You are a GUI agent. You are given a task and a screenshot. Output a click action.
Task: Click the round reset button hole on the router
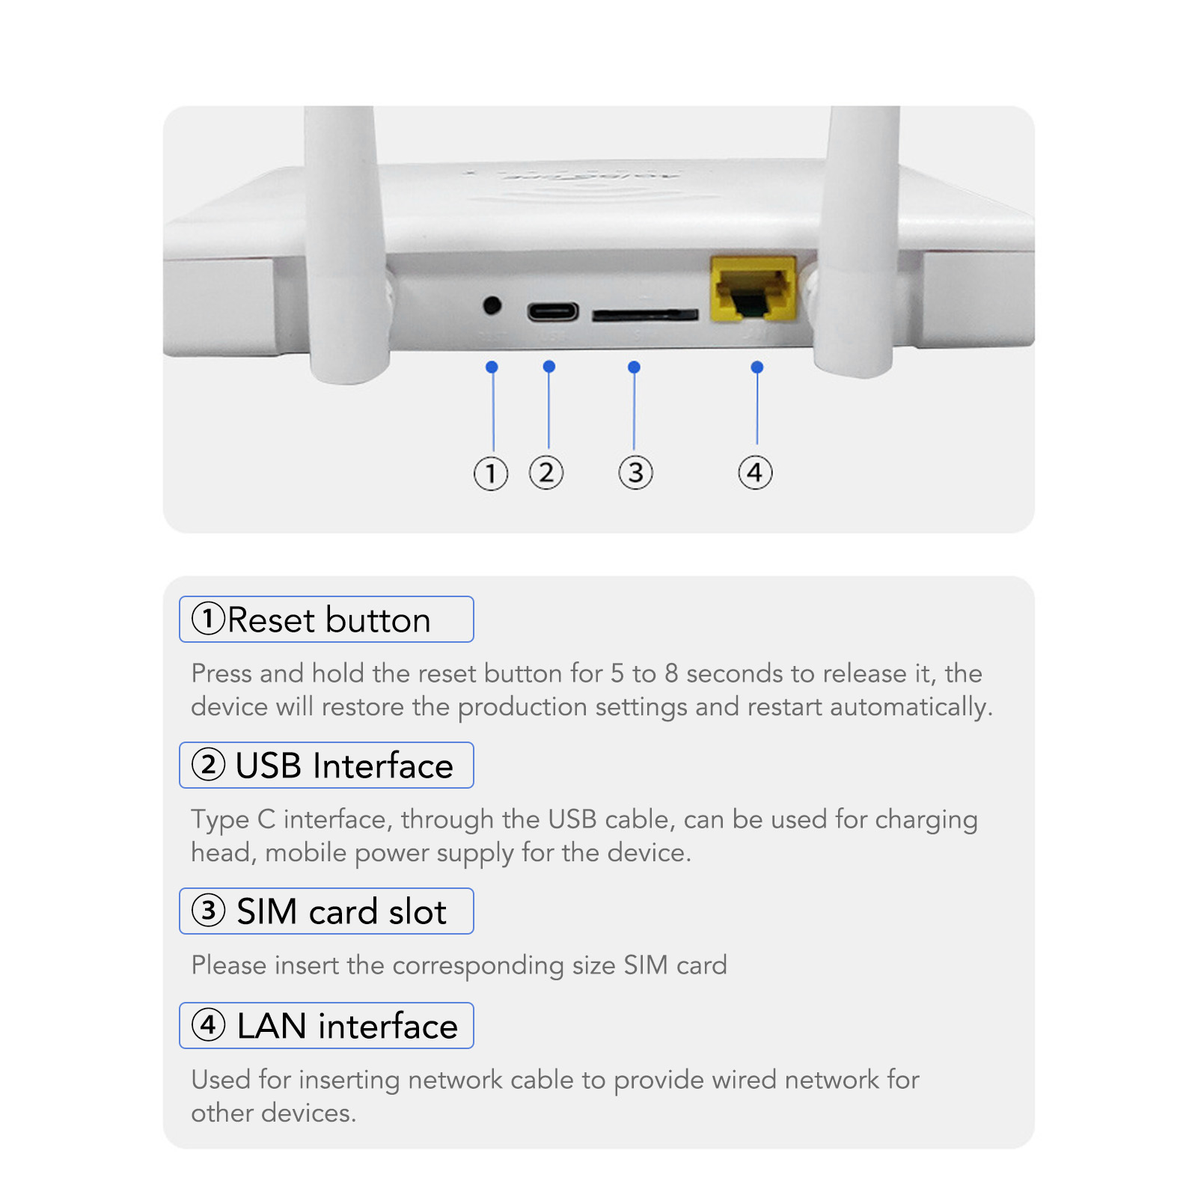(492, 305)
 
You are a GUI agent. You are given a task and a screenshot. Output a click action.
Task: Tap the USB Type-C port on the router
(553, 311)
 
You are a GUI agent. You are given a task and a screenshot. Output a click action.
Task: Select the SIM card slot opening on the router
(645, 315)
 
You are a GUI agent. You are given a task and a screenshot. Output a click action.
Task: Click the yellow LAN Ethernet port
(753, 290)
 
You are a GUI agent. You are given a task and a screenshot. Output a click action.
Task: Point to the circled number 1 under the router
(491, 473)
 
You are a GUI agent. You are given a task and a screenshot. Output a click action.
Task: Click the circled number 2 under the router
(546, 472)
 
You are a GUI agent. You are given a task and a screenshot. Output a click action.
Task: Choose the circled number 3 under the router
(635, 473)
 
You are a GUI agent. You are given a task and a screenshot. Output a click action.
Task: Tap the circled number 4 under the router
(755, 473)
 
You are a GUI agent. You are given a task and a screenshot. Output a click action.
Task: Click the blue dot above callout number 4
(757, 367)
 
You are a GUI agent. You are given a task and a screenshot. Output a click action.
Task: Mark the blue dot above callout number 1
(492, 367)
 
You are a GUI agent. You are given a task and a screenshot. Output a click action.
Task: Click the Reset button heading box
(326, 620)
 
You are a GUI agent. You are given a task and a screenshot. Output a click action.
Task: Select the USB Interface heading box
(326, 765)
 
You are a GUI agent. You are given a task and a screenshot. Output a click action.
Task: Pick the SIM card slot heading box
(326, 911)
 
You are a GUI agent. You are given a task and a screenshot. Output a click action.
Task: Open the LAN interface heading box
(326, 1026)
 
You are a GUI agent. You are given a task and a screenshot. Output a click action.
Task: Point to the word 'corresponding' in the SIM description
(477, 966)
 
